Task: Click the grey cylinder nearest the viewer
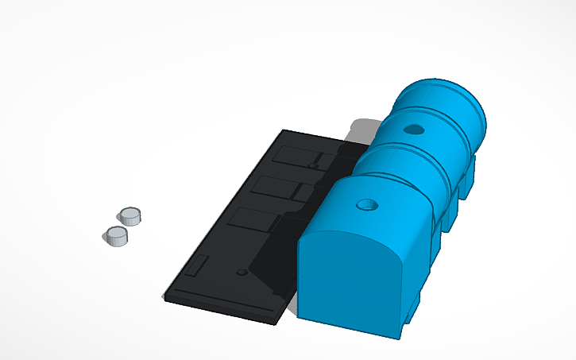[117, 236]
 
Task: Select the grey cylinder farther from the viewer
[130, 215]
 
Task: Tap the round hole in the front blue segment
[367, 204]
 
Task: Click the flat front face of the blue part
[350, 278]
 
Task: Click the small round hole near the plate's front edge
[242, 272]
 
